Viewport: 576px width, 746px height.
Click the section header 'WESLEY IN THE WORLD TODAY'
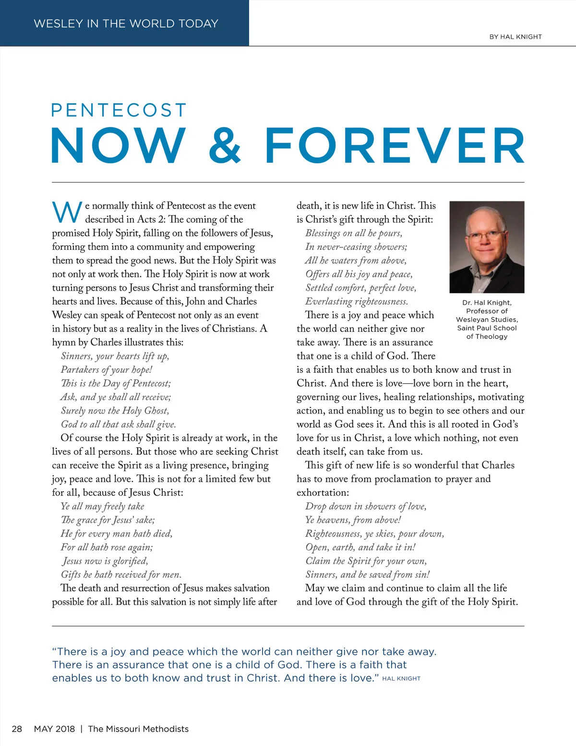coord(126,24)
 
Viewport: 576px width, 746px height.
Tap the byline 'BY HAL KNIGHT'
coord(516,37)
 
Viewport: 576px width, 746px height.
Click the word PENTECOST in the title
coord(119,110)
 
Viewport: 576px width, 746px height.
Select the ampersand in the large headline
coord(225,145)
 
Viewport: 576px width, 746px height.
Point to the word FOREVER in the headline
coord(395,145)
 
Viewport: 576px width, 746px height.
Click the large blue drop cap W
coord(67,212)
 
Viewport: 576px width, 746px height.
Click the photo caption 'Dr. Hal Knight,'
coord(487,303)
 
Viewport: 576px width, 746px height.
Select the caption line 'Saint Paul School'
coord(487,328)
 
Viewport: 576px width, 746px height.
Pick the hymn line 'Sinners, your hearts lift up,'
coord(115,356)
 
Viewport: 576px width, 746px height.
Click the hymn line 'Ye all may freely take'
coord(102,506)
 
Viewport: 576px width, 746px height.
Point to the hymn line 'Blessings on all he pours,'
coord(354,233)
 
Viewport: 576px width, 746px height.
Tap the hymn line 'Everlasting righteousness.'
coord(357,301)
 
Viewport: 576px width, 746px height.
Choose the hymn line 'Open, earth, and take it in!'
coord(360,547)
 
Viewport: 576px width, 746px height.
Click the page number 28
coord(17,729)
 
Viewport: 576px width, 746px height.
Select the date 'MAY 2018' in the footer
coord(54,729)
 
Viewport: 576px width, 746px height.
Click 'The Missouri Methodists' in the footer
coord(138,729)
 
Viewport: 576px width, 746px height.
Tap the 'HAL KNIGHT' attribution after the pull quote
coord(401,679)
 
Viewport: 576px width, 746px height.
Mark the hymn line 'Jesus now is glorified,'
coord(105,561)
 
